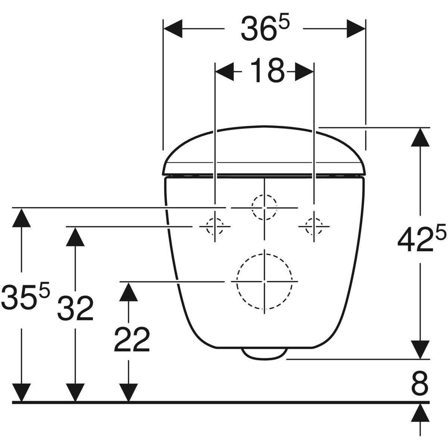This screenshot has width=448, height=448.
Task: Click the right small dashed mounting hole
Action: (x=314, y=226)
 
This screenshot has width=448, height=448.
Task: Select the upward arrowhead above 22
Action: (x=129, y=292)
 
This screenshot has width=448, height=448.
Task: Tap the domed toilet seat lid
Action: (x=264, y=149)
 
